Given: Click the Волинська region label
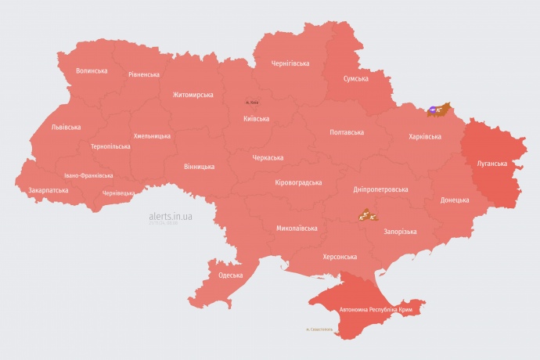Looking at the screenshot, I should [x=92, y=70].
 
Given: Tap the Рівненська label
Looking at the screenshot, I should [x=144, y=75].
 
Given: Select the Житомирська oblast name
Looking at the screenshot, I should [x=193, y=95].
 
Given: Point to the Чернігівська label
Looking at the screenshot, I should [x=290, y=63].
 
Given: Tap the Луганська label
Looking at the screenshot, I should [x=491, y=164].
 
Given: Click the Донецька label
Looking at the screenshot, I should [x=455, y=200].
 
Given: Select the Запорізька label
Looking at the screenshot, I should [x=400, y=232].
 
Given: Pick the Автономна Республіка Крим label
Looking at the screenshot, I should [x=376, y=311].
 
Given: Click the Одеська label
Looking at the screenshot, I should [x=230, y=275].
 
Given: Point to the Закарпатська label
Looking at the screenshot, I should [x=48, y=190].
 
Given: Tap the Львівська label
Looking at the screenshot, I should [x=65, y=127].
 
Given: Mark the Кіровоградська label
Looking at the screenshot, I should [x=298, y=182].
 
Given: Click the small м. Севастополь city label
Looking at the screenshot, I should [x=319, y=329].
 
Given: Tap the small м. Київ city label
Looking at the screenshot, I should [x=252, y=103].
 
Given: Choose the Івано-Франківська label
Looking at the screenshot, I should [x=88, y=175].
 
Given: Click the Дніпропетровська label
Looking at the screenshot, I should [x=380, y=189].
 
